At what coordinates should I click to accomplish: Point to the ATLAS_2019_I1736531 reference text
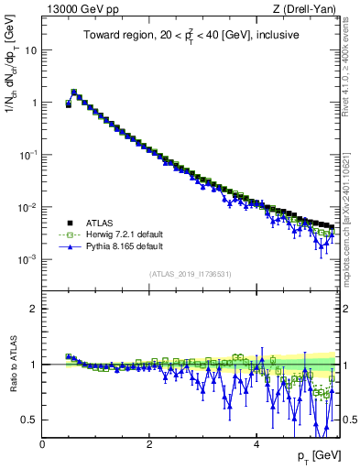190,274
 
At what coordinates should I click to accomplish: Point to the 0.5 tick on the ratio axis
29,420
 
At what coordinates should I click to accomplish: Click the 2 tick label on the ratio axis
34,309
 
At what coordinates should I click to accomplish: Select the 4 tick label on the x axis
256,444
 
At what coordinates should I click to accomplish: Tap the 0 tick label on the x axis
42,444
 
